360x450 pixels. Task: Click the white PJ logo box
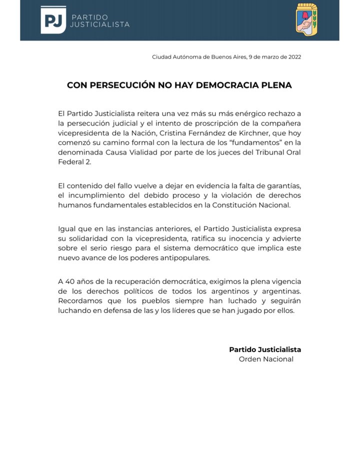(53, 20)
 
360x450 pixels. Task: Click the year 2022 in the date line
(293, 57)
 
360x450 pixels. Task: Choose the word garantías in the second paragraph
(282, 185)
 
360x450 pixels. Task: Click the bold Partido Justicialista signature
(265, 349)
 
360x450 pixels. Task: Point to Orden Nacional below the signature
(266, 359)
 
